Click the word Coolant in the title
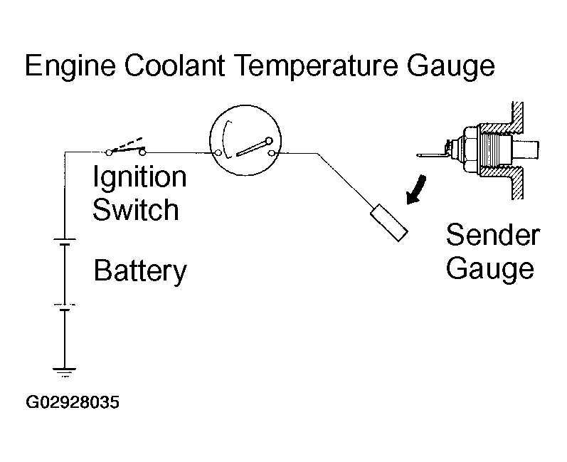click(x=175, y=65)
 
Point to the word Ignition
click(x=139, y=177)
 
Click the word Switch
click(x=136, y=209)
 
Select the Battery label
click(x=140, y=271)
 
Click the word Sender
click(x=493, y=235)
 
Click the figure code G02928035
click(x=73, y=402)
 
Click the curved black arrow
click(x=416, y=190)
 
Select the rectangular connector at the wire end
click(x=389, y=223)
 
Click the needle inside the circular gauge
click(x=253, y=147)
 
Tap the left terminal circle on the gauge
click(x=218, y=153)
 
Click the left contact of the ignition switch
click(x=108, y=152)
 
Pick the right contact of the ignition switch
click(x=142, y=152)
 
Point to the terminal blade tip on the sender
click(x=418, y=156)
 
